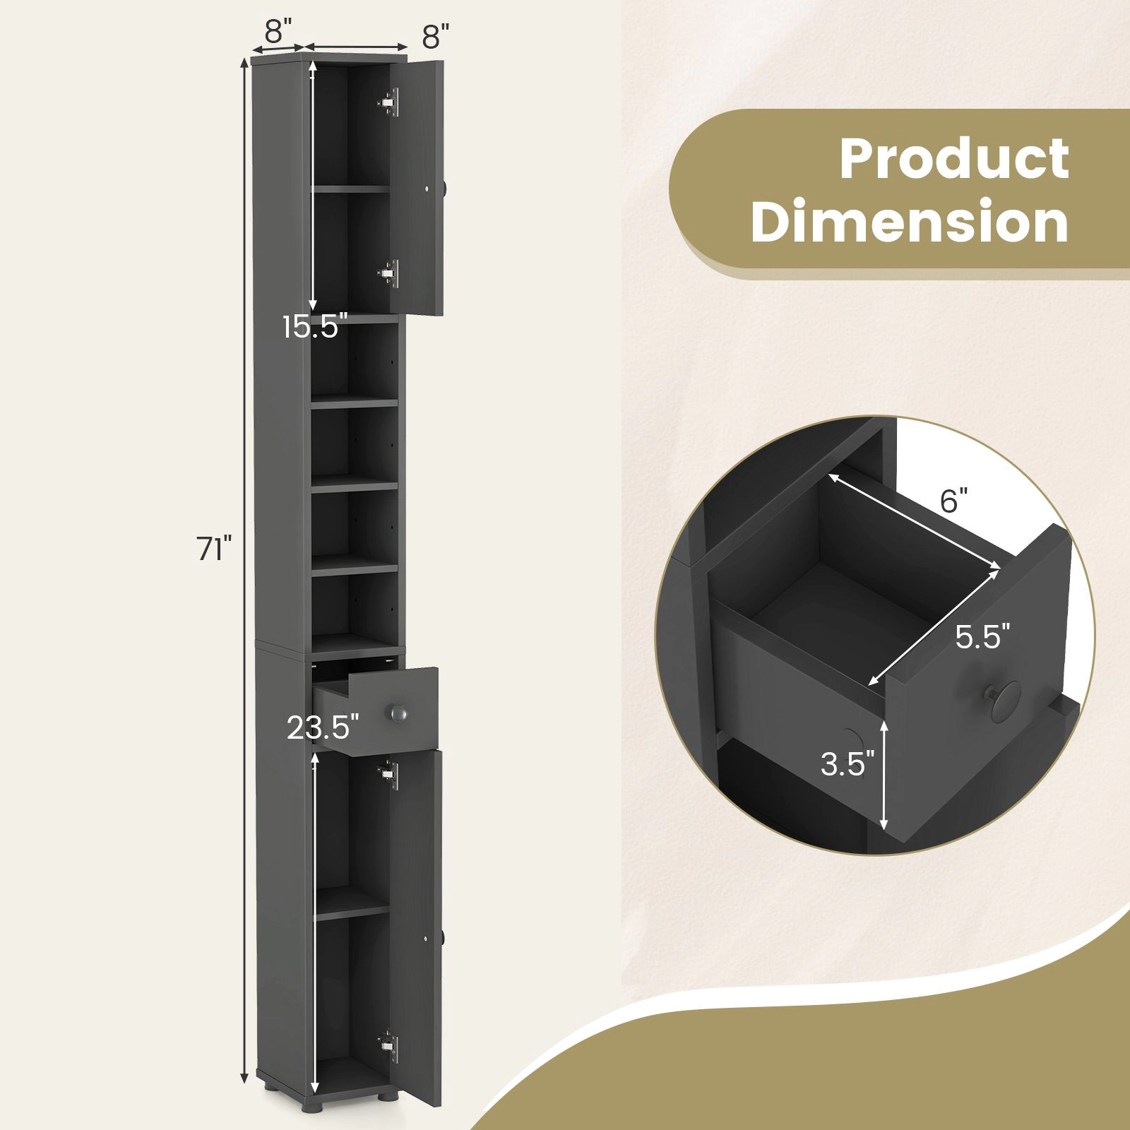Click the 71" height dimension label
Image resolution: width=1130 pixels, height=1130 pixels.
(x=215, y=549)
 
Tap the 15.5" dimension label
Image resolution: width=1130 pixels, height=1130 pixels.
(x=315, y=327)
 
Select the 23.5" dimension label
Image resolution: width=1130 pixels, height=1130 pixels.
(x=323, y=727)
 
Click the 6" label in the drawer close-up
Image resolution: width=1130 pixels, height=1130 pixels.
(x=953, y=501)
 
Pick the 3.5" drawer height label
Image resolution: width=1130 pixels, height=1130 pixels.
(x=847, y=763)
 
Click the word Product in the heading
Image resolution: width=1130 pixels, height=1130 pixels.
(x=954, y=159)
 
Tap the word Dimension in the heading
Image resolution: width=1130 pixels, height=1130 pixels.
(x=910, y=221)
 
